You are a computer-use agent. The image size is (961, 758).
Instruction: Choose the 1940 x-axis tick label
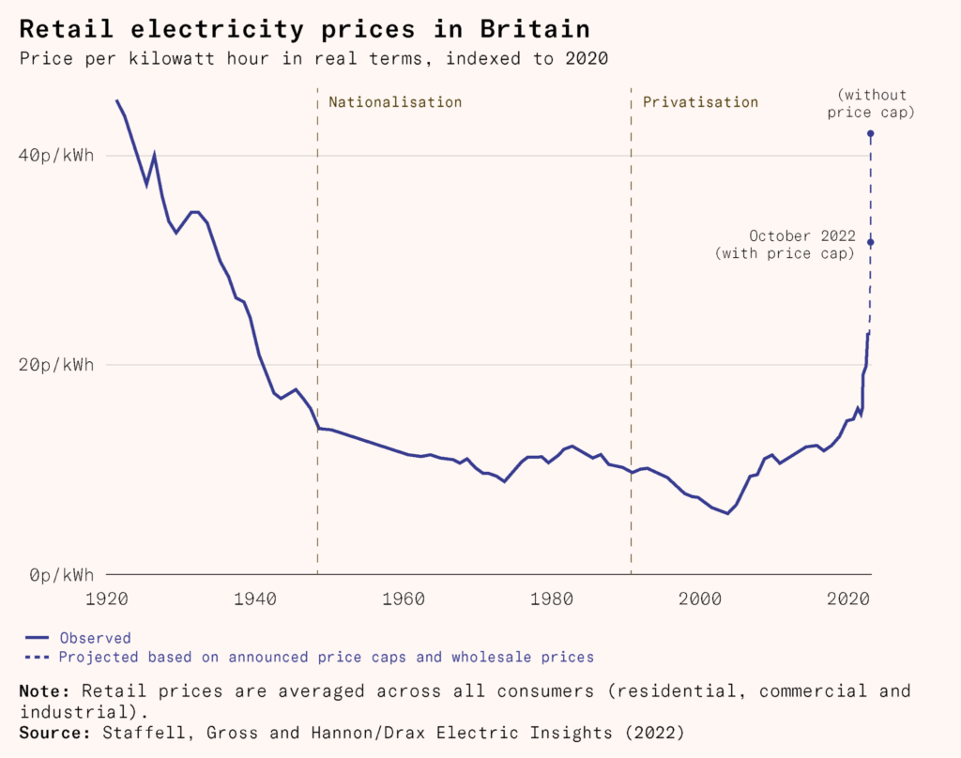tap(257, 598)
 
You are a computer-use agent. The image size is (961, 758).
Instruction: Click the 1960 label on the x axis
tap(405, 598)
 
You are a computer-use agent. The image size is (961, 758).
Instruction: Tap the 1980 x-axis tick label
tap(553, 598)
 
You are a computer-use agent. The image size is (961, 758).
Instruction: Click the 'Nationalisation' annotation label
tap(395, 101)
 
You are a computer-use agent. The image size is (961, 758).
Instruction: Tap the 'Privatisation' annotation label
tap(700, 101)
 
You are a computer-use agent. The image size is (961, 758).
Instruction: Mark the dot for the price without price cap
tap(870, 133)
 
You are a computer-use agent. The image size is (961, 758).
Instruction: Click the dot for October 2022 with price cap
tap(870, 243)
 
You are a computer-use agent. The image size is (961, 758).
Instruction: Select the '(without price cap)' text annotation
tap(875, 103)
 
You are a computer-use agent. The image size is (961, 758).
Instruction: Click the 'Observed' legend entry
tap(95, 638)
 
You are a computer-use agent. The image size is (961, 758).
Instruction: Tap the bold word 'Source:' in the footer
tap(50, 729)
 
